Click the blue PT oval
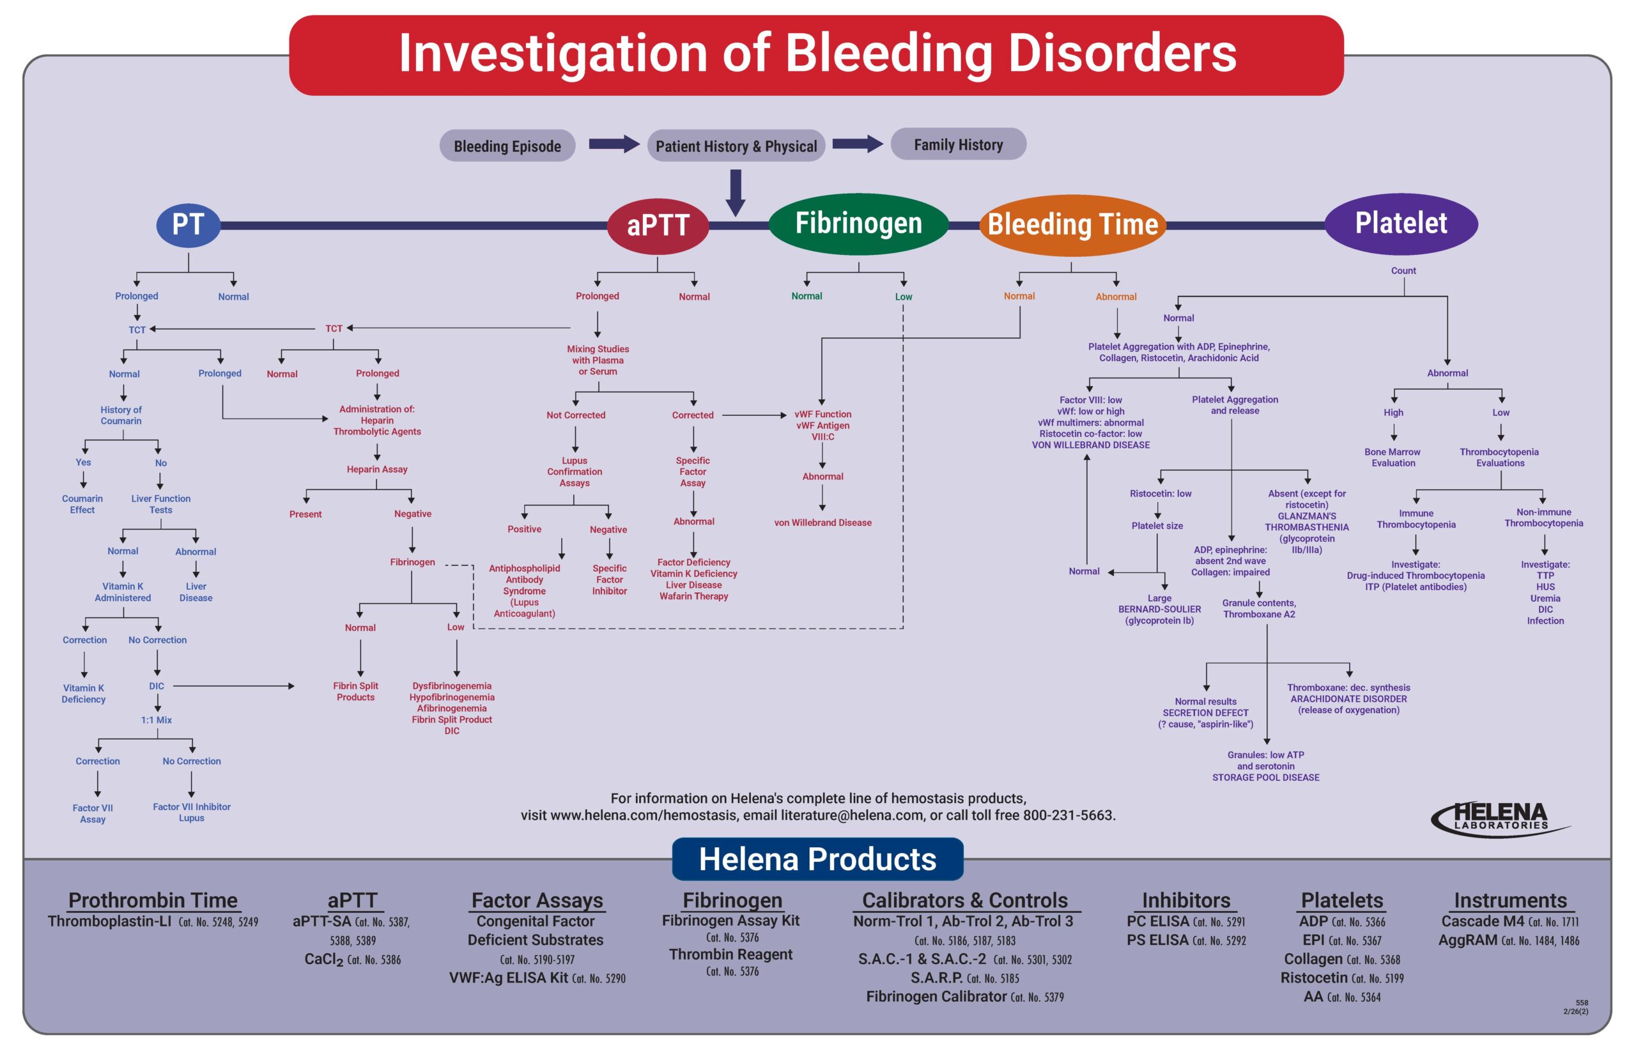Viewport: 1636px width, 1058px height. tap(189, 225)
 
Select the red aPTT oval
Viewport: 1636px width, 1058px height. tap(658, 226)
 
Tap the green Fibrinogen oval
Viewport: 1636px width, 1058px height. tap(858, 223)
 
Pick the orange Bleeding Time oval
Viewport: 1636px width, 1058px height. tap(1072, 225)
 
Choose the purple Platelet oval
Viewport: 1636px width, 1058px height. tap(1401, 223)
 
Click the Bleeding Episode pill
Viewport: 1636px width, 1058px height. tap(507, 146)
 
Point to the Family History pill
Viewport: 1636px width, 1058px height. tap(958, 144)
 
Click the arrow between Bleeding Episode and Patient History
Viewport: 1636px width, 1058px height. tap(613, 144)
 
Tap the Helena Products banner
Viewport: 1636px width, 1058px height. tap(817, 859)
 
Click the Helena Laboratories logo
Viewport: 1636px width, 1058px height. tap(1501, 820)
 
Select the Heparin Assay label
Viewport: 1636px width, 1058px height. tap(376, 469)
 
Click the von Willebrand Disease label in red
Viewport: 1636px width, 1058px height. tap(822, 523)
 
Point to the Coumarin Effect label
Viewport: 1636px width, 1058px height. tap(82, 504)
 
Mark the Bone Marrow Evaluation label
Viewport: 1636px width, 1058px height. tap(1393, 457)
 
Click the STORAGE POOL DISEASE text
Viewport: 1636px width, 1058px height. tap(1265, 778)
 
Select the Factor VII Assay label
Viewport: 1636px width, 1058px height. tap(93, 813)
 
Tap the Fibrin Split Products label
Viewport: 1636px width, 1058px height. tap(355, 691)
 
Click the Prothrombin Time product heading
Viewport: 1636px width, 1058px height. tap(153, 900)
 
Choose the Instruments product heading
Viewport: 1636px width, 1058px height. tap(1510, 900)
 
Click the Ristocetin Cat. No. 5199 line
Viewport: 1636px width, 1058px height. tap(1341, 977)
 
